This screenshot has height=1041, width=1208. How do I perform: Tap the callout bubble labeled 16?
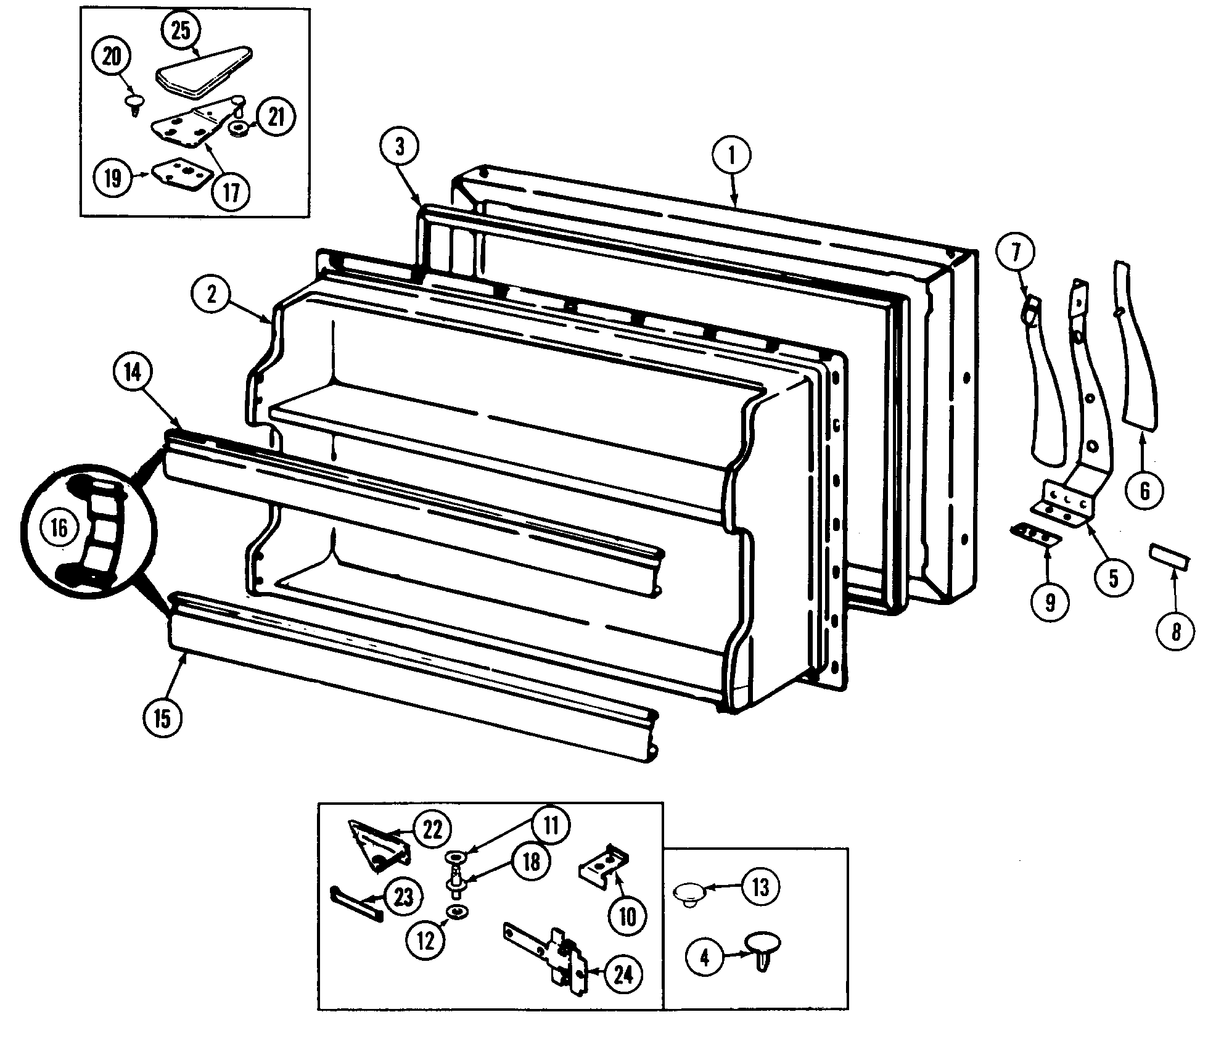point(60,528)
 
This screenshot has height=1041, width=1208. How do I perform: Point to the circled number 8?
point(1175,632)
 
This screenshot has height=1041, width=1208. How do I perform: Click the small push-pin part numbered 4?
point(763,951)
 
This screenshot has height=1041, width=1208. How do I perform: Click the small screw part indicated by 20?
point(132,103)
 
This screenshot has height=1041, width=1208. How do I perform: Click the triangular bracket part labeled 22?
point(377,848)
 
